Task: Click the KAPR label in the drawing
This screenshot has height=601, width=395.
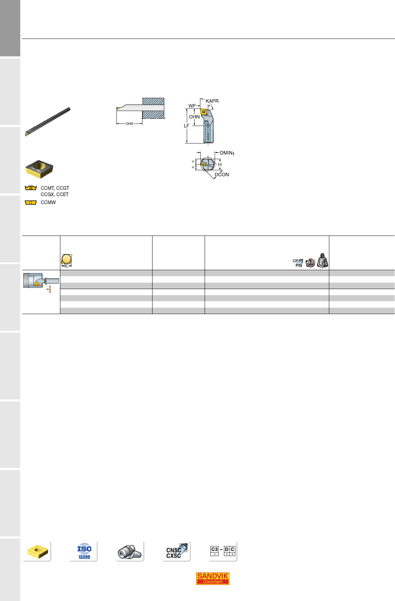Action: (x=212, y=101)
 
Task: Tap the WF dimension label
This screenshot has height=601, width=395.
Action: (x=192, y=106)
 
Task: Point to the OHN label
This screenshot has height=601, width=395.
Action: (x=194, y=117)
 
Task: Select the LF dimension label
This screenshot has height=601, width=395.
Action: (x=186, y=126)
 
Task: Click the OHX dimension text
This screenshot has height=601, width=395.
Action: (x=129, y=124)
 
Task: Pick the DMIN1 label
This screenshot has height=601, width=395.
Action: (x=227, y=153)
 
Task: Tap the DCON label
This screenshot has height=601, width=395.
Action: (x=222, y=175)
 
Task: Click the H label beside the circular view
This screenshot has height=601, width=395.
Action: (x=220, y=165)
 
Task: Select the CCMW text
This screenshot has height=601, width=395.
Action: (x=48, y=202)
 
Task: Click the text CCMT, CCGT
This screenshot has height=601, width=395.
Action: (x=55, y=188)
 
